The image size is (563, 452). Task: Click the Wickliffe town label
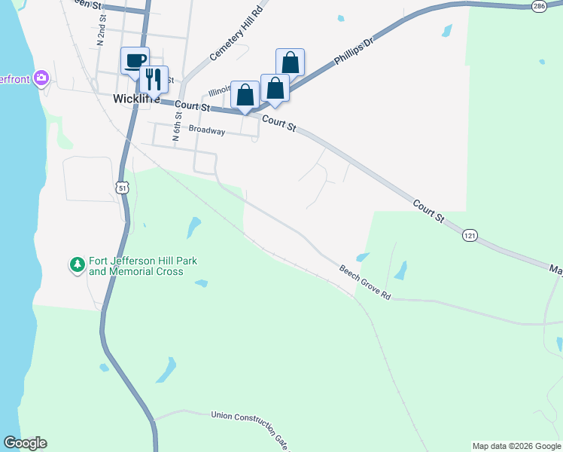(x=134, y=98)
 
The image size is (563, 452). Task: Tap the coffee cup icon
(x=135, y=60)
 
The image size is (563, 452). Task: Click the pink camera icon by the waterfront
(x=41, y=78)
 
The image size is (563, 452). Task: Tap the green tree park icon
(x=77, y=264)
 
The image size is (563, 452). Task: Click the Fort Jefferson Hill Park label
(x=142, y=266)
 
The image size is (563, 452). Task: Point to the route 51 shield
(x=123, y=186)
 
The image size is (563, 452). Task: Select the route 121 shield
(x=470, y=236)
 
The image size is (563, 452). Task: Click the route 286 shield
(x=538, y=6)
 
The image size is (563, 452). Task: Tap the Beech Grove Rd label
(x=365, y=282)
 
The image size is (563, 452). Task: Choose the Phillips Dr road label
(x=354, y=50)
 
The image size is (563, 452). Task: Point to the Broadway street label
(x=207, y=130)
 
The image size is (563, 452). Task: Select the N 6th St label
(x=178, y=127)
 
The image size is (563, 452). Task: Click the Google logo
(x=25, y=443)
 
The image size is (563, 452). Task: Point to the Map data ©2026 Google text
(x=516, y=446)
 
